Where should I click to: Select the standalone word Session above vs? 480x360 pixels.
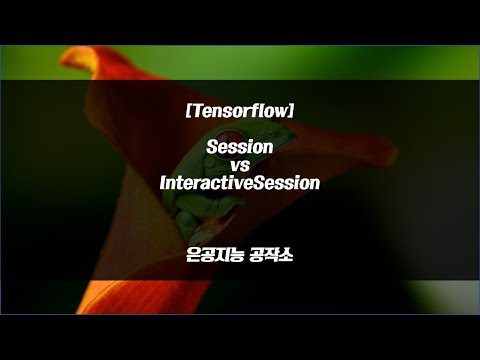pyautogui.click(x=239, y=147)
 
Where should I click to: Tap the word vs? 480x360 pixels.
pyautogui.click(x=239, y=165)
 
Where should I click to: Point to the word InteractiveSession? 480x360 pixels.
pyautogui.click(x=239, y=184)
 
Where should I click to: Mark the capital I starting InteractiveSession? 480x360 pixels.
pyautogui.click(x=163, y=184)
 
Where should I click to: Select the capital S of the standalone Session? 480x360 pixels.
pyautogui.click(x=211, y=147)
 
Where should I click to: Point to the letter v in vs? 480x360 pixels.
pyautogui.click(x=235, y=166)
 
